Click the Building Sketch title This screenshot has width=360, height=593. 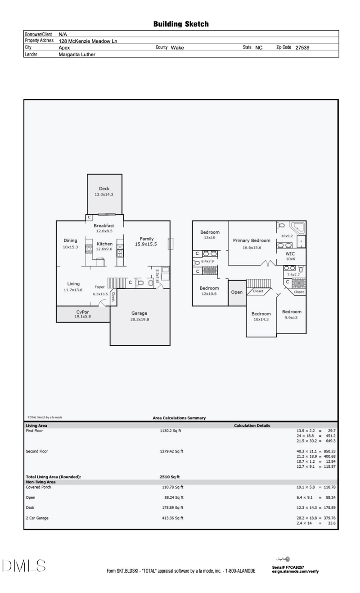pyautogui.click(x=181, y=24)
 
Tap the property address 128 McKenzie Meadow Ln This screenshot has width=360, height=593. pyautogui.click(x=88, y=41)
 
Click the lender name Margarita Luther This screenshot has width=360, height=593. pyautogui.click(x=77, y=54)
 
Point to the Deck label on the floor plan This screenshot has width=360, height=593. pyautogui.click(x=104, y=189)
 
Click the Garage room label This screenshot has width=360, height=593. pyautogui.click(x=139, y=313)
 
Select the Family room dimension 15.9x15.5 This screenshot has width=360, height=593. pyautogui.click(x=146, y=244)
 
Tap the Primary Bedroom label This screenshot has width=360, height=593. pyautogui.click(x=252, y=240)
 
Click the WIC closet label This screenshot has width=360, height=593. pyautogui.click(x=290, y=253)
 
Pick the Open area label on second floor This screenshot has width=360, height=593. pyautogui.click(x=237, y=292)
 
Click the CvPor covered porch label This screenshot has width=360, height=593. pyautogui.click(x=82, y=312)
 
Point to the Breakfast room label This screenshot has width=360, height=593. pyautogui.click(x=104, y=225)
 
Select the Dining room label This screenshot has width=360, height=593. pyautogui.click(x=70, y=240)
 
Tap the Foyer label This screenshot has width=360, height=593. pyautogui.click(x=100, y=287)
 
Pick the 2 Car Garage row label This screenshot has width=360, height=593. pyautogui.click(x=37, y=518)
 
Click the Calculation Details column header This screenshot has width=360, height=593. pyautogui.click(x=252, y=426)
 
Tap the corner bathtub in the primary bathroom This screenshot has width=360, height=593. pyautogui.click(x=297, y=226)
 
